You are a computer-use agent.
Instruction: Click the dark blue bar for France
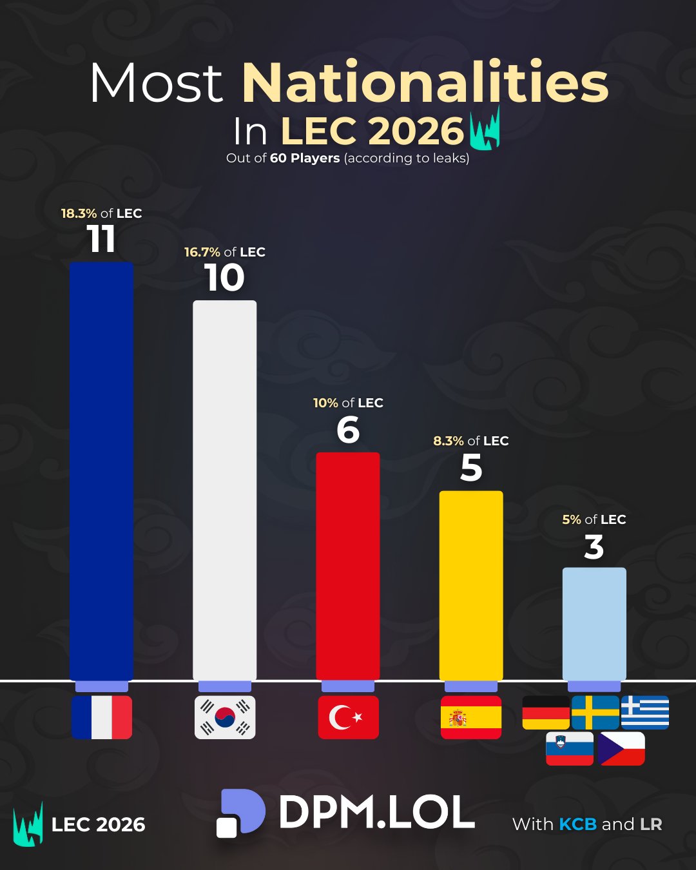coord(101,470)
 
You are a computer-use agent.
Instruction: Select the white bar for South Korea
coord(224,490)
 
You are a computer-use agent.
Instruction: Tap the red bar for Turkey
coord(347,566)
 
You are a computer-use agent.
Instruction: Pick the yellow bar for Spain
coord(471,585)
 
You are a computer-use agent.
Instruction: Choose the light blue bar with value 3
coord(594,623)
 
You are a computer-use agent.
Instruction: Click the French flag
coord(102,717)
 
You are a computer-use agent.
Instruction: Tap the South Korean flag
coord(225,717)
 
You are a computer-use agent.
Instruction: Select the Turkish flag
coord(348,717)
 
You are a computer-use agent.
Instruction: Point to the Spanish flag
coord(471,717)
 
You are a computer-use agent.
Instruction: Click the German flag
coord(546,712)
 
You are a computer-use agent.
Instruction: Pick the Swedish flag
coord(595,712)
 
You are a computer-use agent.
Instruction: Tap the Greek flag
coord(644,712)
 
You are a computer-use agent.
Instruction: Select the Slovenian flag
coord(570,748)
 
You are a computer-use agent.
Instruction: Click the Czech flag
coord(621,748)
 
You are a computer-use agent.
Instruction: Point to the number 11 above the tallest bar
coord(101,239)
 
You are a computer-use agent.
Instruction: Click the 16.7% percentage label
coord(202,252)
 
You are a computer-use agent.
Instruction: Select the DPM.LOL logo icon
coord(240,813)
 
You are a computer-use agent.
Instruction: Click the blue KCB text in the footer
coord(577,824)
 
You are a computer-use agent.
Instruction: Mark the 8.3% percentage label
coord(449,441)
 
